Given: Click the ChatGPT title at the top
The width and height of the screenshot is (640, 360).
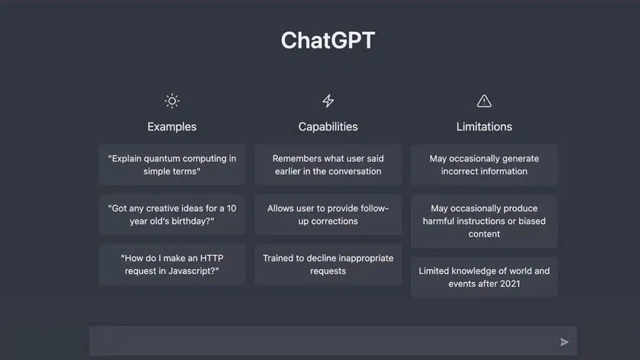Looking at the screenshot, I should [x=328, y=40].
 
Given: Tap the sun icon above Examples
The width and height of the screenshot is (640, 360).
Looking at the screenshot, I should [x=172, y=101].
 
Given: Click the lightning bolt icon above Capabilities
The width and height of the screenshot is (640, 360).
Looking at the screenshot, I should [x=328, y=101].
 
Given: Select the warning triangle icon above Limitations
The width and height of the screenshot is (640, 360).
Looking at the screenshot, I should [x=484, y=101].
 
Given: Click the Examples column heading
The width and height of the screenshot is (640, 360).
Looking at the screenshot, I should [x=172, y=127].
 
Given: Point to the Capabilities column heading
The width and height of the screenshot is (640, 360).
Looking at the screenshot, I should [x=328, y=127].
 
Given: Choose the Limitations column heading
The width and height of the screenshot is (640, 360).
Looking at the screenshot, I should [x=484, y=127].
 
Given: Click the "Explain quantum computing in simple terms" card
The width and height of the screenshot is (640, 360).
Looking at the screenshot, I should [x=172, y=165].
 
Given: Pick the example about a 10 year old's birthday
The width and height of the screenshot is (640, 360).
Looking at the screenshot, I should [x=172, y=215].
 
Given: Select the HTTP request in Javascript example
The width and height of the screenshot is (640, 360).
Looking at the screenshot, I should [x=172, y=264].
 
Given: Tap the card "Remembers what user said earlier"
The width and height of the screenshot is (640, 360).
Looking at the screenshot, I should [x=328, y=165].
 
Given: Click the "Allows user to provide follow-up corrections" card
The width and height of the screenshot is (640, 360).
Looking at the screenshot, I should [x=328, y=215].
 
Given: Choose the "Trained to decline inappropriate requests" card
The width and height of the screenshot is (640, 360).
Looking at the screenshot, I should [x=328, y=264].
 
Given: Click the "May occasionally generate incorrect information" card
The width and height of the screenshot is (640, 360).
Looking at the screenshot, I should [x=484, y=165].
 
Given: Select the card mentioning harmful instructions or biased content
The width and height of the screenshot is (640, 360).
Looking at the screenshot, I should [x=484, y=221].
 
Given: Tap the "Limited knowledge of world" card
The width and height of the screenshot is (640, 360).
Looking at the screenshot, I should [x=484, y=277].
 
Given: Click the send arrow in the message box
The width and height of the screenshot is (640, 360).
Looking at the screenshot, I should [x=565, y=342].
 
